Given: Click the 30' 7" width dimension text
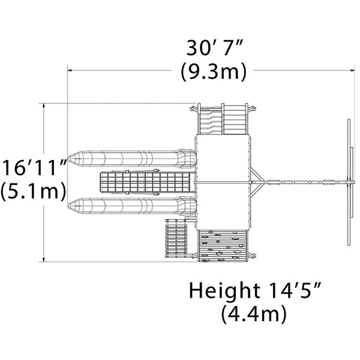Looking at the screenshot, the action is point(214,48).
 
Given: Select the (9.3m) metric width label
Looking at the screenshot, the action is point(214,71).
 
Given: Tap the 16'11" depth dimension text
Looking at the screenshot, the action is point(34,167).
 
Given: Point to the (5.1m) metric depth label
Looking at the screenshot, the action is point(33,191).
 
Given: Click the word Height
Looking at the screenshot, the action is point(225,290).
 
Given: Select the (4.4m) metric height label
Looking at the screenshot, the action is point(254,314).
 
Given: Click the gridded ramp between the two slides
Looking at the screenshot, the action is point(145,182).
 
